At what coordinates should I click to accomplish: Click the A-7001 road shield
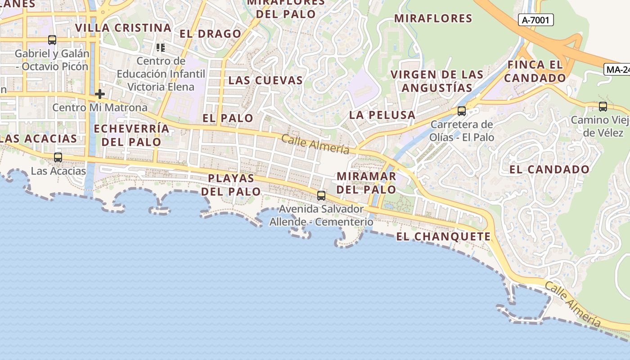[x=535, y=20]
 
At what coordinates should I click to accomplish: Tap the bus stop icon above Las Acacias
[x=58, y=157]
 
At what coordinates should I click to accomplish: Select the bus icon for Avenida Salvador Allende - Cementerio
[x=321, y=196]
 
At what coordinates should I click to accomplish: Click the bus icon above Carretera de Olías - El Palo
[x=462, y=111]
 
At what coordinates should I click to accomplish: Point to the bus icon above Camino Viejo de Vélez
[x=603, y=107]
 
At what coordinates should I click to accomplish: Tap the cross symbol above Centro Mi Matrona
[x=100, y=94]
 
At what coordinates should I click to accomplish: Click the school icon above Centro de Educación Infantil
[x=161, y=47]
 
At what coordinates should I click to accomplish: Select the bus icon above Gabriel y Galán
[x=52, y=40]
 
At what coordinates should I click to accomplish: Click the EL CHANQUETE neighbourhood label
[x=443, y=237]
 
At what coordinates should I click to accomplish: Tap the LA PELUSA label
[x=382, y=115]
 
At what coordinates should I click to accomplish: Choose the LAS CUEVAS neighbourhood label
[x=265, y=81]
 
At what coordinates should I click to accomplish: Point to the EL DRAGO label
[x=211, y=34]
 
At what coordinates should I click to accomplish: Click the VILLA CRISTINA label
[x=123, y=28]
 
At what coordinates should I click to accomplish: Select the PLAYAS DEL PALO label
[x=231, y=185]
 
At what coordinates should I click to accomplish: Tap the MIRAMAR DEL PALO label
[x=366, y=183]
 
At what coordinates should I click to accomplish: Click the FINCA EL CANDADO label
[x=535, y=71]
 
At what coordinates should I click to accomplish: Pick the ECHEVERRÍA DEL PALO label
[x=131, y=135]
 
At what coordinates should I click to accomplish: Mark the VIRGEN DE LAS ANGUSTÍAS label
[x=437, y=81]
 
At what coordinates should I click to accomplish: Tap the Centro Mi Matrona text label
[x=100, y=108]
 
